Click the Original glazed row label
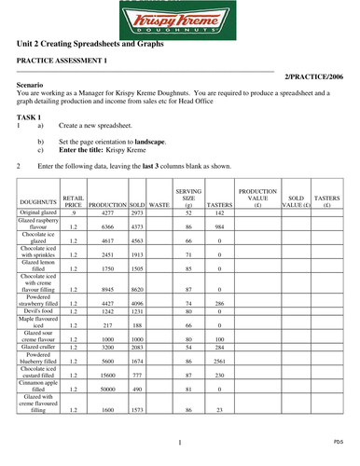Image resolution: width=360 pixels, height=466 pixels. tap(37, 213)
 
